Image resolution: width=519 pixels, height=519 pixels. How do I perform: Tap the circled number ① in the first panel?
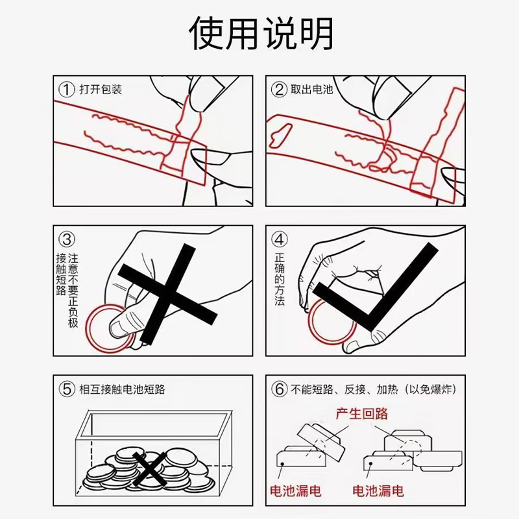(66, 89)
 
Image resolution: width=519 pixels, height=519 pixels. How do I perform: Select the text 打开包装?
(101, 89)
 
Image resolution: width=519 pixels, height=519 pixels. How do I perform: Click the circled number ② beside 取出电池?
(279, 89)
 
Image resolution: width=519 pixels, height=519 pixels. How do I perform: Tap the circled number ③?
(66, 239)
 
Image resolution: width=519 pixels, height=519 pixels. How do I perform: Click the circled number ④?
(279, 239)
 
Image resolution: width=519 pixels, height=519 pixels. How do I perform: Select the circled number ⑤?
(66, 389)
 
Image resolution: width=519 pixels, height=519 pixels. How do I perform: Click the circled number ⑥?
(279, 389)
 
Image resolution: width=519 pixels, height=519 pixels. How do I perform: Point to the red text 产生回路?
(361, 413)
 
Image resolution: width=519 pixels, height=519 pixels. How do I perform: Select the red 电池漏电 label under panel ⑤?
(295, 491)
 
